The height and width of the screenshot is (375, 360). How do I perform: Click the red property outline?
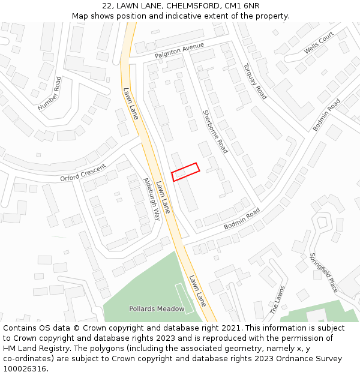coord(185,172)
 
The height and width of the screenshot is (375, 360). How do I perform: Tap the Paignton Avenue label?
coord(179,50)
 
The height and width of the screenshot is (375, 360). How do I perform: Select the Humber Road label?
coord(50,94)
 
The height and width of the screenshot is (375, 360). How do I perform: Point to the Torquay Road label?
coord(255,81)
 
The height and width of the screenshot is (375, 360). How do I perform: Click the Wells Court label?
coord(319,43)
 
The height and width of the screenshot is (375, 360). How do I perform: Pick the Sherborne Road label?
coord(215,131)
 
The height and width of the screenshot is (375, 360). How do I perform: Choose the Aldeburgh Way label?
coord(152,199)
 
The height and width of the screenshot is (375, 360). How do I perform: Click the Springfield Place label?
coord(323,272)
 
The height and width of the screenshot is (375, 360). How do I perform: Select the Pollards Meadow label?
coord(157,308)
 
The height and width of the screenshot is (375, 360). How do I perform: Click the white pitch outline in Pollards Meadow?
coord(184,298)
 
